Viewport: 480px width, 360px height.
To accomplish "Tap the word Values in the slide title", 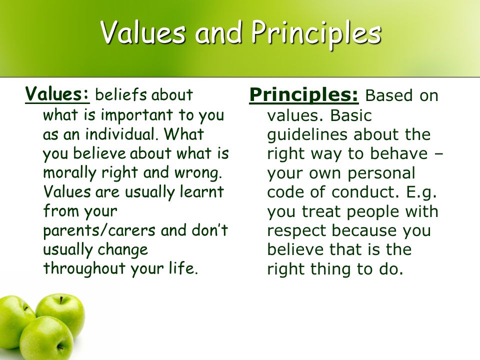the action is tap(143, 32).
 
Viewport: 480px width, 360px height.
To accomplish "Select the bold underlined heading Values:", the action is tap(57, 93).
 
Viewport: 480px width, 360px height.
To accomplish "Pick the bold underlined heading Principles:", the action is tap(303, 95).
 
